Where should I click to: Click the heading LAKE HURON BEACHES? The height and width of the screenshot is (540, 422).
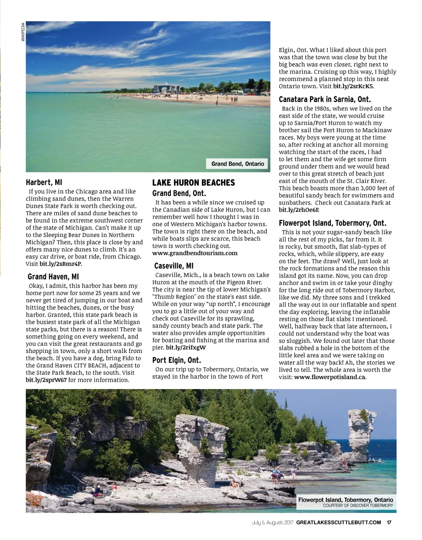click(x=193, y=183)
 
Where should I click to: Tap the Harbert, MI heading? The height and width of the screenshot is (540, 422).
click(x=44, y=182)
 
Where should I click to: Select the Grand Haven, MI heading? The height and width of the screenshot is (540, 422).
click(x=53, y=277)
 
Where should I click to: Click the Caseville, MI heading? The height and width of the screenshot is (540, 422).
click(x=173, y=266)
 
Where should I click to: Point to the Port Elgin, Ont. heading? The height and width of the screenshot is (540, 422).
click(x=176, y=360)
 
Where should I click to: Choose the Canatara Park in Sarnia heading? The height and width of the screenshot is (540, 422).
click(x=325, y=99)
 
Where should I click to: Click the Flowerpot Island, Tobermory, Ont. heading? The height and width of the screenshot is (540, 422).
click(x=332, y=223)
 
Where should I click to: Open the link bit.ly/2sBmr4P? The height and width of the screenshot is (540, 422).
click(x=61, y=264)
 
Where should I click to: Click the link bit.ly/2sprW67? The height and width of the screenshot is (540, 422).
click(x=46, y=380)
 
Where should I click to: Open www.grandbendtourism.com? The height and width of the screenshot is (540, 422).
click(x=195, y=253)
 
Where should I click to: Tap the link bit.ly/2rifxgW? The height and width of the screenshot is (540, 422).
click(x=186, y=347)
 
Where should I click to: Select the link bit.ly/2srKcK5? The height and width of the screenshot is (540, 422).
click(x=353, y=86)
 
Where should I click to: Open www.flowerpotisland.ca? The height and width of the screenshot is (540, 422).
click(x=330, y=377)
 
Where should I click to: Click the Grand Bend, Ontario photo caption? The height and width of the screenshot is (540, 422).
click(x=237, y=164)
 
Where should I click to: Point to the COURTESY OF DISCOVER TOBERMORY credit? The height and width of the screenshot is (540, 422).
click(x=358, y=505)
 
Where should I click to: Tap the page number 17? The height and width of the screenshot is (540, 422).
click(x=389, y=523)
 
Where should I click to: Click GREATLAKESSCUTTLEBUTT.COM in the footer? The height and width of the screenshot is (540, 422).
click(x=338, y=523)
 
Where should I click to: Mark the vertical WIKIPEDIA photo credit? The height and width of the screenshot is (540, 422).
click(x=23, y=32)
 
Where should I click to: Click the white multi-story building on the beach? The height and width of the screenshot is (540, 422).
click(x=166, y=89)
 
